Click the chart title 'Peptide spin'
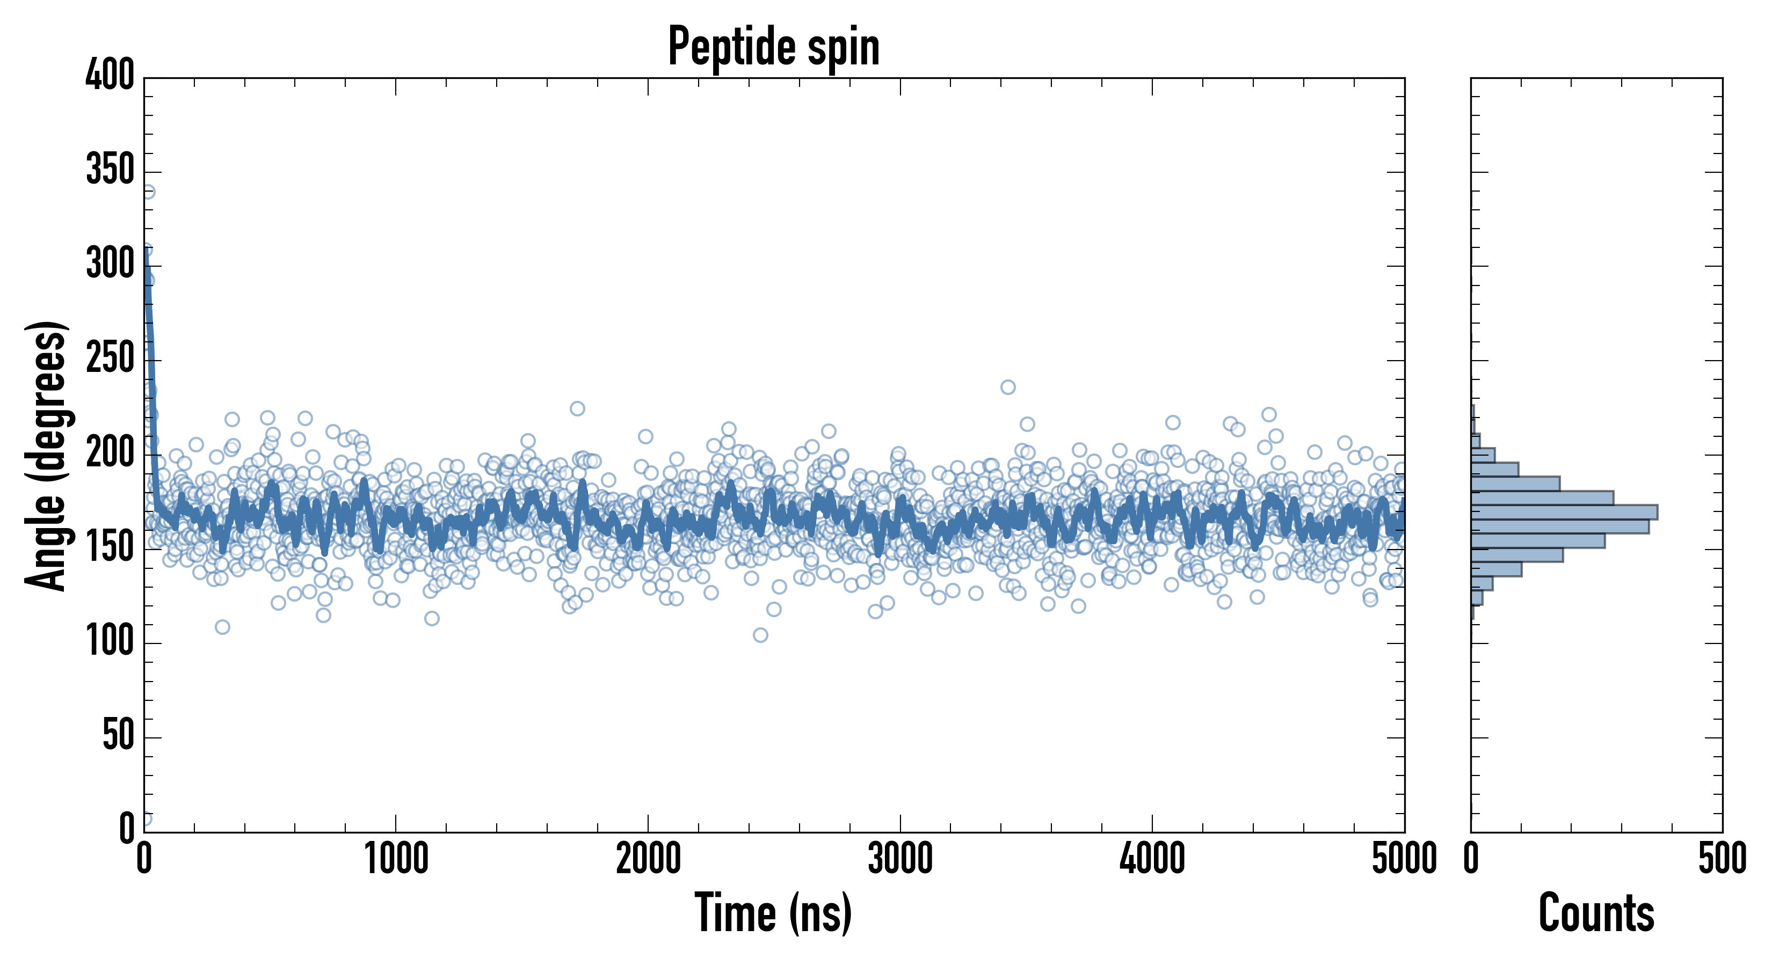[774, 47]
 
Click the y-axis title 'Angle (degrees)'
[46, 455]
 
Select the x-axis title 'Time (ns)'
[773, 913]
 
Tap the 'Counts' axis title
[1596, 913]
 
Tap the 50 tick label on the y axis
[118, 736]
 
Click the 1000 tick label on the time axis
[396, 859]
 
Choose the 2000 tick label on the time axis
[648, 859]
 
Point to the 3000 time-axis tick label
[900, 859]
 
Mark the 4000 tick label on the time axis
[1152, 859]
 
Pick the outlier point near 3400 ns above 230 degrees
[1008, 387]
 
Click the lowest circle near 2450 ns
[760, 634]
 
